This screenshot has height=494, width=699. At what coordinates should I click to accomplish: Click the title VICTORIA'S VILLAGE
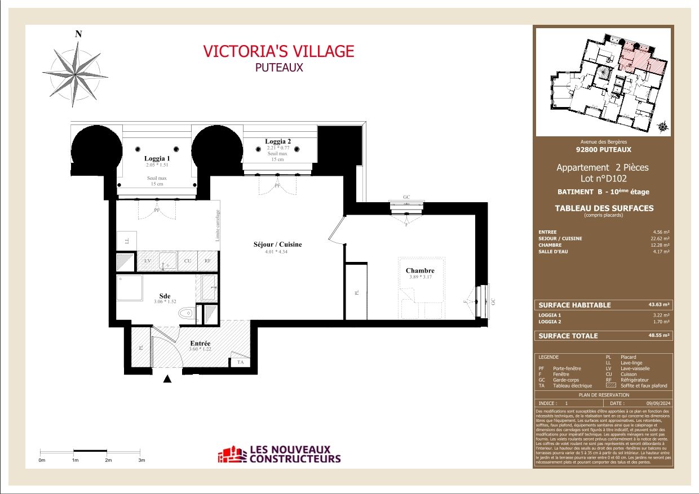pos(278,51)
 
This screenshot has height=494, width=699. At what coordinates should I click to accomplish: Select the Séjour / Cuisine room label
pos(277,244)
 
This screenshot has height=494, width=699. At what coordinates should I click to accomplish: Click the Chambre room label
pos(420,271)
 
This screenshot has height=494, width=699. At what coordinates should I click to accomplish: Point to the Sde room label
pos(164,296)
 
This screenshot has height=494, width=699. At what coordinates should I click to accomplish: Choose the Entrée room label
pos(200,343)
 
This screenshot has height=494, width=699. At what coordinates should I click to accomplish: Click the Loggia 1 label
pos(156,159)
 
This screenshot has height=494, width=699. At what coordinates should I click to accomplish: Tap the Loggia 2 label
pos(277,141)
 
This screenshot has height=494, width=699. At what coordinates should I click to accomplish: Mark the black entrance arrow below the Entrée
pos(167,380)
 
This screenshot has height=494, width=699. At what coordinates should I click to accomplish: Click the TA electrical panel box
pos(240,362)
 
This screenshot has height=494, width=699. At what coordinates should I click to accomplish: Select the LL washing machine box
pos(126,241)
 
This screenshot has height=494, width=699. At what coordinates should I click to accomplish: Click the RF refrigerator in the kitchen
pos(207,261)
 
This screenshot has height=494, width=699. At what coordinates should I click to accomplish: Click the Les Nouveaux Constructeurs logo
pos(280,454)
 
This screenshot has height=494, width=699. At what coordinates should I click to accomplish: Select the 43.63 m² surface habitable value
pos(659,305)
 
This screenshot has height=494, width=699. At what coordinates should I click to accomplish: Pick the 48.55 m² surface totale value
pos(659,336)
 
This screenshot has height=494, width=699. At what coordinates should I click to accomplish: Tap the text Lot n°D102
pos(603,179)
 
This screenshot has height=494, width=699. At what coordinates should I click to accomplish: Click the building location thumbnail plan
pos(603,82)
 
